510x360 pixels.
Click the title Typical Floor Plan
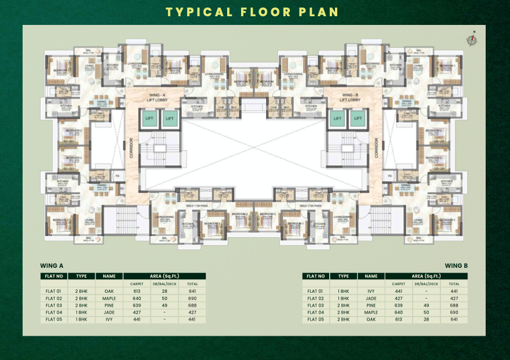[x=252, y=12]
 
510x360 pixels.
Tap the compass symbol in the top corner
[x=472, y=39]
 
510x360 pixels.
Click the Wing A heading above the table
[x=52, y=266]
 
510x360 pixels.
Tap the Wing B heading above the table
[x=457, y=266]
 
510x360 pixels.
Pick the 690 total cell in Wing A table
[x=192, y=298]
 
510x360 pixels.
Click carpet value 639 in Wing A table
[x=137, y=305]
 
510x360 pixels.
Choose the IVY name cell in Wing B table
[x=371, y=291]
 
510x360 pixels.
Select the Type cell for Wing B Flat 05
[x=344, y=319]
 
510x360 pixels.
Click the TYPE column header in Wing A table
[x=81, y=277]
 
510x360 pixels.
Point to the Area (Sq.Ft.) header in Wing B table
[x=427, y=277]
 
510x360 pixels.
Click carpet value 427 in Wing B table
[x=399, y=298]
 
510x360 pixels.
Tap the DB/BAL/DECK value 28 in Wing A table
[x=164, y=291]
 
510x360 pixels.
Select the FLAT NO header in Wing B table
[x=316, y=277]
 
